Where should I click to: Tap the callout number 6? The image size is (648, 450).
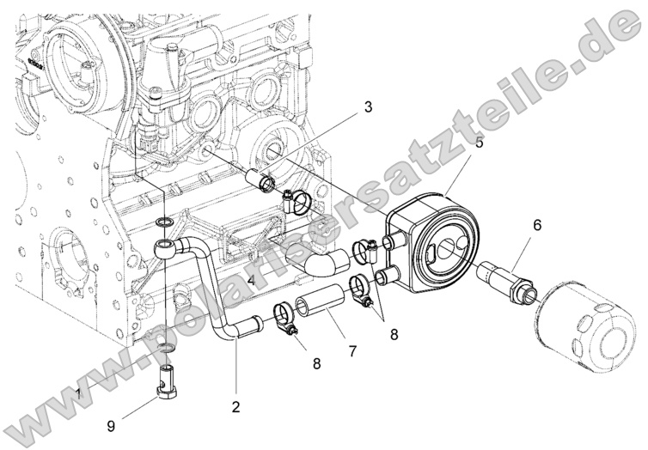(537, 226)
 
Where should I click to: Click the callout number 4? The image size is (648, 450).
(251, 281)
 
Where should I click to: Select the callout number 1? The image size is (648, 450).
(79, 392)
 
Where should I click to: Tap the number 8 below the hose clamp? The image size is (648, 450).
(316, 363)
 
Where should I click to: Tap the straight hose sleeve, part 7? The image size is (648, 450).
(320, 303)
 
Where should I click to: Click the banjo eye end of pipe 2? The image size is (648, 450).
(165, 249)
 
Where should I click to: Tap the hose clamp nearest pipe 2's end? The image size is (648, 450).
(286, 316)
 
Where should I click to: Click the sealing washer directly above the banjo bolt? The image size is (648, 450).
(168, 348)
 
